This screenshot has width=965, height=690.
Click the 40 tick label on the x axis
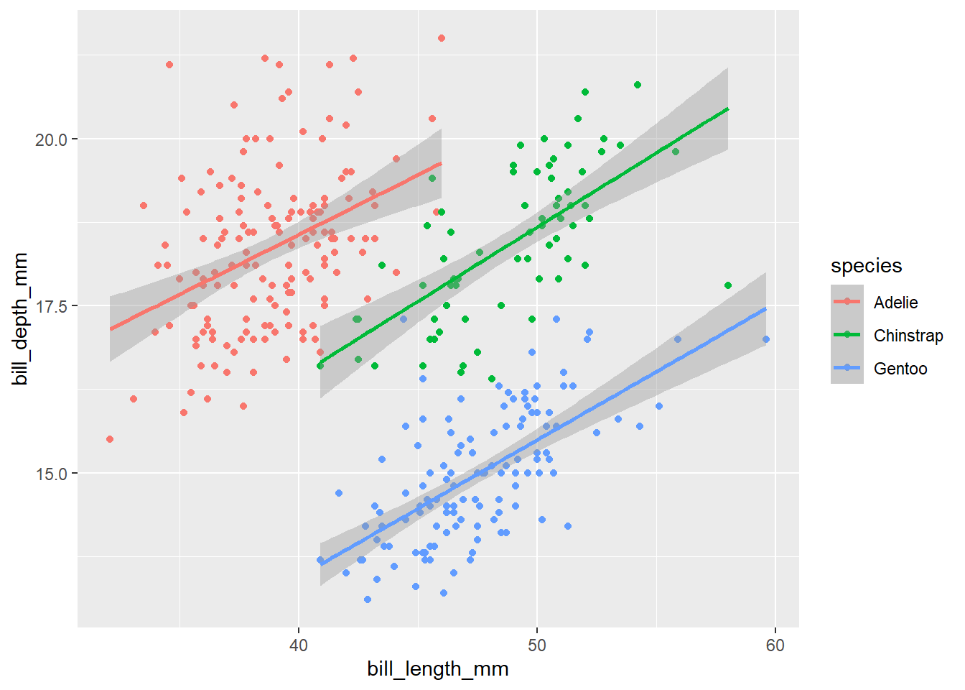tap(298, 645)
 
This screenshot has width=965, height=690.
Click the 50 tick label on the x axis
tap(536, 645)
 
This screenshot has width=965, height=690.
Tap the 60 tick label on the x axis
tap(775, 645)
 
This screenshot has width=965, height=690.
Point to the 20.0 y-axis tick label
tap(51, 139)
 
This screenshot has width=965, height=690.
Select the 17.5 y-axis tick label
tap(51, 307)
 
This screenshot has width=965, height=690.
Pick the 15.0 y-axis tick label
tap(51, 474)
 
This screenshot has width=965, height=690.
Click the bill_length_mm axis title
tap(437, 669)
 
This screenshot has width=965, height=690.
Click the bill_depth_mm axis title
tap(20, 318)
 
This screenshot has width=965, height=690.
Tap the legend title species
tap(866, 266)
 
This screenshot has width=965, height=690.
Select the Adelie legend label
tap(895, 303)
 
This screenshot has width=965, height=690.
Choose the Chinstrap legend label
tap(908, 336)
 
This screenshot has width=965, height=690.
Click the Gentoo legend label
tap(900, 369)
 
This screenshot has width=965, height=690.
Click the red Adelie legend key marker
tap(847, 302)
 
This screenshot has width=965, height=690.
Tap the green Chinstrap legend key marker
tap(847, 335)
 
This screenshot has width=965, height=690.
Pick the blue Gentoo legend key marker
tap(847, 368)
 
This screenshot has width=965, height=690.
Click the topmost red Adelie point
tap(442, 38)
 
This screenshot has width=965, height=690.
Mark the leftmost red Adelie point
tap(110, 439)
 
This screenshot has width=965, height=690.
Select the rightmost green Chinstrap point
tap(728, 285)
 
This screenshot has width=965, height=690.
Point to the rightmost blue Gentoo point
tap(766, 339)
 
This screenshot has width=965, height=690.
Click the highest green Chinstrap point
tap(638, 85)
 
